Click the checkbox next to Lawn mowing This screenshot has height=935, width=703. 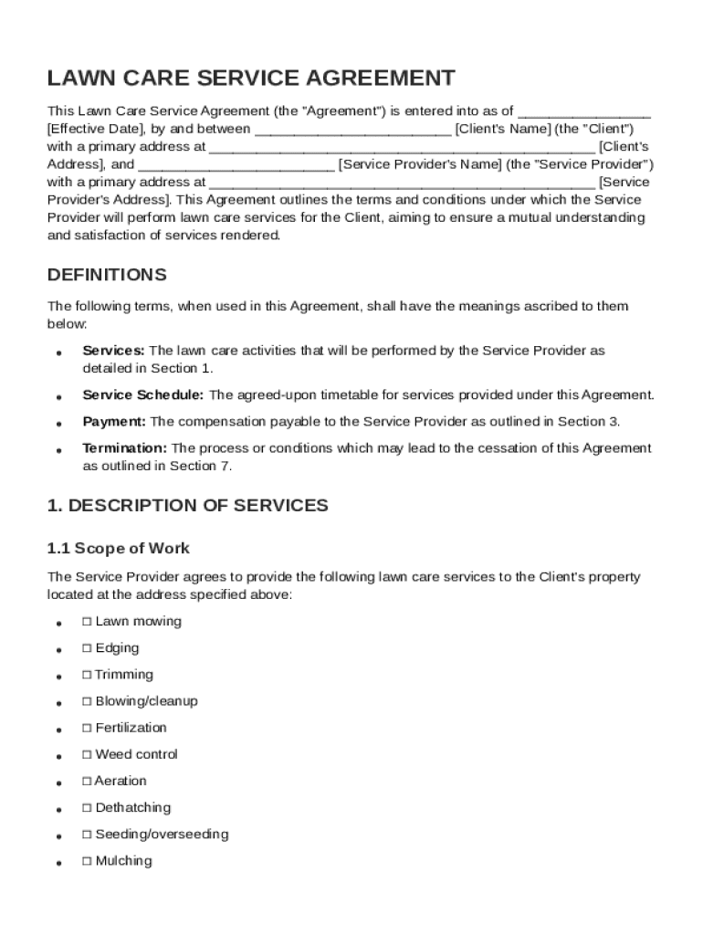(x=87, y=622)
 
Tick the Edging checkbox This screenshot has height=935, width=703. (x=87, y=648)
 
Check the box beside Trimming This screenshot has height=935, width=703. (x=87, y=675)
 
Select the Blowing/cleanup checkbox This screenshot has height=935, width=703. (x=87, y=701)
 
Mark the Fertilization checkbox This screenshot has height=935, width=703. (x=87, y=728)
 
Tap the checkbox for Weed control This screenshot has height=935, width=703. (x=87, y=754)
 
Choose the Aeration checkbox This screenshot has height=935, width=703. (x=87, y=781)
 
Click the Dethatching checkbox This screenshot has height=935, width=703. (x=87, y=808)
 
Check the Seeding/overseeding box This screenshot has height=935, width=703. (x=87, y=835)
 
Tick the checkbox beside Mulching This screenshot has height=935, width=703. (x=87, y=861)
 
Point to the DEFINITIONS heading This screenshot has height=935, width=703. (x=107, y=275)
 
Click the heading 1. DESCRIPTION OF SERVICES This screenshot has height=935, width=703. (x=187, y=505)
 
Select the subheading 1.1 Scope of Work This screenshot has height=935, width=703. (x=119, y=549)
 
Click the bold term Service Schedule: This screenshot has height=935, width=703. (x=143, y=395)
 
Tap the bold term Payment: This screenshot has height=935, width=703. (x=114, y=422)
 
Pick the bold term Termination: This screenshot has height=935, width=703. (x=124, y=448)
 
